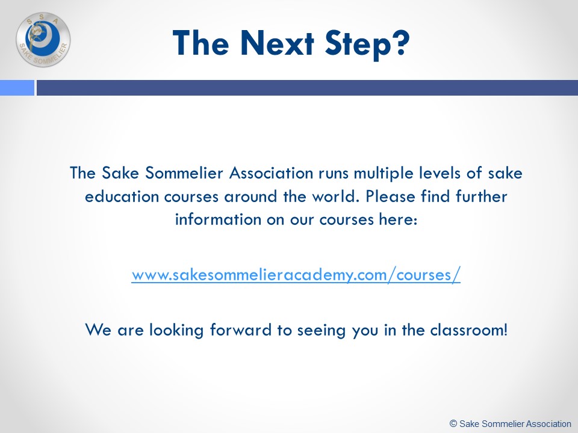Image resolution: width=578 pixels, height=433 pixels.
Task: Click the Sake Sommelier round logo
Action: coord(43,40)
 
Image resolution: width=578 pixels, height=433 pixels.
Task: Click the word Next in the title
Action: coord(277,43)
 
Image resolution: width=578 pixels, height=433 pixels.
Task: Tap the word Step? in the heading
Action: coord(367,44)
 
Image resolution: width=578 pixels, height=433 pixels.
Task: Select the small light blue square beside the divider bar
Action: coord(17,88)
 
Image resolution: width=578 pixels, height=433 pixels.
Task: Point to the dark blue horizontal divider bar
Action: coord(307,88)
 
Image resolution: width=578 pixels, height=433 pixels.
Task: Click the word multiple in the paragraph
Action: coord(384,174)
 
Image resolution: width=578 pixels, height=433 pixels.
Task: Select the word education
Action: coord(121,196)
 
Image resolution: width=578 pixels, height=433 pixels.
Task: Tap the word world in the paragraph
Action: coord(334,196)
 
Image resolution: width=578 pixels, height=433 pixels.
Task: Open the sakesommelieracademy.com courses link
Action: coord(296,275)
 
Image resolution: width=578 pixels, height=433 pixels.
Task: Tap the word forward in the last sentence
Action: coord(241,330)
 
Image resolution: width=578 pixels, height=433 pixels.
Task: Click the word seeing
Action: coord(322,331)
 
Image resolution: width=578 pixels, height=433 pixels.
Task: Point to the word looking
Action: coord(176,331)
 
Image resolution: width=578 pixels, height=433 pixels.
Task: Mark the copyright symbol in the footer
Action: coord(453,423)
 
